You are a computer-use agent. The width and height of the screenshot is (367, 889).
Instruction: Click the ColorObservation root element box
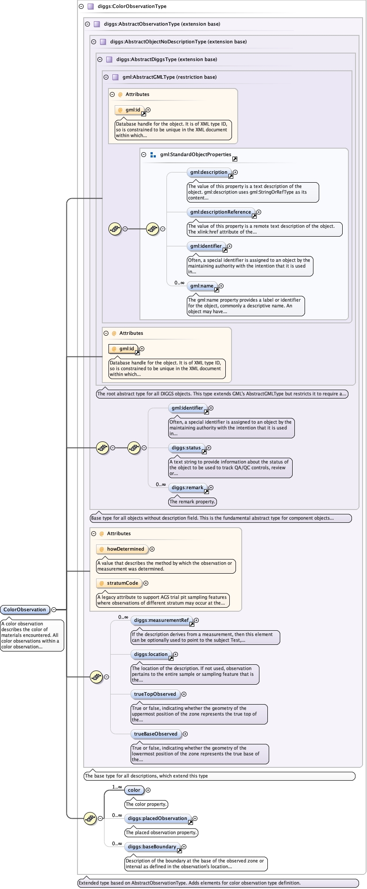click(x=25, y=609)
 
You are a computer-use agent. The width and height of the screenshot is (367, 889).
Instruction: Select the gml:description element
click(x=209, y=172)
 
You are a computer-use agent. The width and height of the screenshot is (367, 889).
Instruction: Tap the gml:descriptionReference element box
click(x=220, y=212)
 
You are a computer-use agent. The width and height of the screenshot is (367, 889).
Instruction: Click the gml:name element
click(x=202, y=286)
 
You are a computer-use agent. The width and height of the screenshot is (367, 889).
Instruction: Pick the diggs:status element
click(x=186, y=448)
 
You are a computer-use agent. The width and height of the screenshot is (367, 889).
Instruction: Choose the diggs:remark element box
click(x=187, y=487)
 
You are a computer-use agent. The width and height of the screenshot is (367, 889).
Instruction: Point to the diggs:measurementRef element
click(x=162, y=620)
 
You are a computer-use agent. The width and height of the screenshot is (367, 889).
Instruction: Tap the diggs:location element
click(x=151, y=654)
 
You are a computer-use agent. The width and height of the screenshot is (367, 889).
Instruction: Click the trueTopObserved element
click(x=155, y=694)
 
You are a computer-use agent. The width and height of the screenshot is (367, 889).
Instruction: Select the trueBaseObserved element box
click(x=155, y=734)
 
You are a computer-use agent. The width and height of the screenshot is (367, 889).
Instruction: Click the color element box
click(x=134, y=790)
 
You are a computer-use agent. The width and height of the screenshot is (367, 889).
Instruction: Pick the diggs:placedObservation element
click(x=158, y=818)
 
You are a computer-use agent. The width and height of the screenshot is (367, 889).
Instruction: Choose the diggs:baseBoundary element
click(x=152, y=847)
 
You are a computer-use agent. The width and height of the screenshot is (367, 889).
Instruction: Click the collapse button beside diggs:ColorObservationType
click(x=81, y=7)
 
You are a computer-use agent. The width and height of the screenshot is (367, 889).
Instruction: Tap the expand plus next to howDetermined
click(x=152, y=549)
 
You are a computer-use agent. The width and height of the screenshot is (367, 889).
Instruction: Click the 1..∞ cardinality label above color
click(x=117, y=787)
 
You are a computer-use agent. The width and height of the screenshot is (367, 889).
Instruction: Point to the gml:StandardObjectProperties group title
click(x=195, y=154)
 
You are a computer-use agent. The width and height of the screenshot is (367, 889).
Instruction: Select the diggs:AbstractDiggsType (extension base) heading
click(x=166, y=59)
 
